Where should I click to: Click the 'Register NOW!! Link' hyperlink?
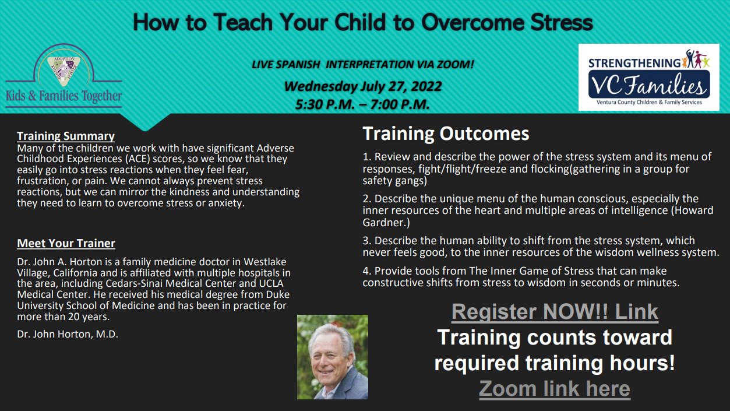[x=555, y=311]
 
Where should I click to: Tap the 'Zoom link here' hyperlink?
[x=554, y=388]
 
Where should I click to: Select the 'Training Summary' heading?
[x=66, y=136]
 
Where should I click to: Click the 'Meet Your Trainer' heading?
[x=66, y=243]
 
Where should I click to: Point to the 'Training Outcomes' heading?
[x=446, y=134]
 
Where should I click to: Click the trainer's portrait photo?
[x=333, y=357]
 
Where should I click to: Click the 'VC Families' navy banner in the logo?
[x=649, y=84]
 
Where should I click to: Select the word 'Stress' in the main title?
[x=562, y=23]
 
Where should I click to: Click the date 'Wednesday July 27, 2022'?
[x=363, y=86]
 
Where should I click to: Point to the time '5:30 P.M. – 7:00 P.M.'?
[x=362, y=104]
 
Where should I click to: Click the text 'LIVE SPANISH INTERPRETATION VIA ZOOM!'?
[x=363, y=64]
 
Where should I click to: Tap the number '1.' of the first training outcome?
[x=367, y=157]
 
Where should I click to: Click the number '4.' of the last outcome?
[x=367, y=271]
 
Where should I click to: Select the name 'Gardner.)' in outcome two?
[x=386, y=223]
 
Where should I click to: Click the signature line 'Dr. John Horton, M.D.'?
[x=68, y=334]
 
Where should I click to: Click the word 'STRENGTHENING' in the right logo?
[x=634, y=63]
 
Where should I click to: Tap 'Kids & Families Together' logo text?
[x=64, y=96]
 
